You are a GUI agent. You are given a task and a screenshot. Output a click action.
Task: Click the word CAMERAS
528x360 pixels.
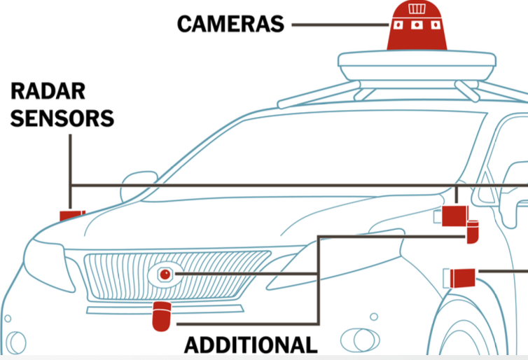coord(230,24)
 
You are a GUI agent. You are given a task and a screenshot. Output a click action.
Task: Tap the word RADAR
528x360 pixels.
coord(48,91)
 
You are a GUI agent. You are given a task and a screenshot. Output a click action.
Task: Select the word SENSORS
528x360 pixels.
coord(62,118)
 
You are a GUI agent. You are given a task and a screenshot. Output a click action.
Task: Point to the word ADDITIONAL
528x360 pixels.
coord(251,345)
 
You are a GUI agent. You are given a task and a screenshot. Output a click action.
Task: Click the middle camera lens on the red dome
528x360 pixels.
coord(417,25)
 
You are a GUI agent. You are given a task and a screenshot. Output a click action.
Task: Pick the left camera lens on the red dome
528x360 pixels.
coord(398,25)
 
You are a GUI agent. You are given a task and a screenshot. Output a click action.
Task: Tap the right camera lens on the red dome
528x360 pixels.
coord(436,25)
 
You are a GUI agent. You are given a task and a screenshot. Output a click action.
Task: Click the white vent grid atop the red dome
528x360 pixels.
coord(417,9)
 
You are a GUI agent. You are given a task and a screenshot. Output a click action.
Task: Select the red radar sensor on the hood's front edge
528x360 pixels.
coord(72,216)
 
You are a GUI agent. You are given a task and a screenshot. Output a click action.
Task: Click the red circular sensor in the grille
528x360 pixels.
coord(165,275)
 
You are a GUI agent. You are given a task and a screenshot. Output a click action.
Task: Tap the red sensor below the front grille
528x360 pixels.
coord(162,317)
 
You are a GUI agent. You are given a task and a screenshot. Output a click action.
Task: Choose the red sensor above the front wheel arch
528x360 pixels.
coord(463,278)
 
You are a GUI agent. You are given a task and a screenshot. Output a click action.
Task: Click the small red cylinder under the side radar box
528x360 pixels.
coord(473,232)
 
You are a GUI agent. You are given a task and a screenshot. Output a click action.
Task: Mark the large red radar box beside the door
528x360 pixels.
coord(455,216)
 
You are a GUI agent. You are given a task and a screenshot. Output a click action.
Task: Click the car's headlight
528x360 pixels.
coord(49,264)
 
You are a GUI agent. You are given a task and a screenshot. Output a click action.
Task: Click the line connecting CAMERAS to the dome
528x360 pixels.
coord(340,25)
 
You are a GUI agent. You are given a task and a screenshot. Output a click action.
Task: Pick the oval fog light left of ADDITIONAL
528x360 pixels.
coord(360,340)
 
